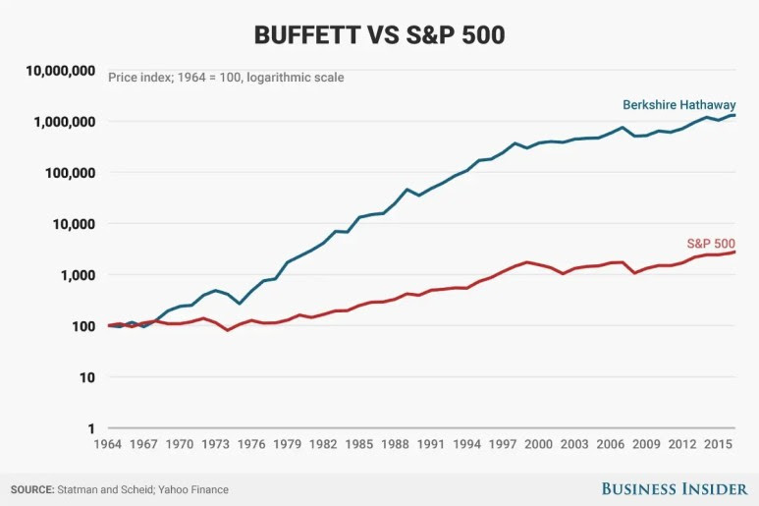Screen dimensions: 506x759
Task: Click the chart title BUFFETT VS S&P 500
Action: coord(379,34)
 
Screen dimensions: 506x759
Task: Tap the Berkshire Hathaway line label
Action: coord(678,105)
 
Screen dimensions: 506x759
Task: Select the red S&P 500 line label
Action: coord(710,244)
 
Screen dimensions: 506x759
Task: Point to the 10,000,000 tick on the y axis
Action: coord(61,71)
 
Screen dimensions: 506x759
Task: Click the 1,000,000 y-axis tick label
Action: coord(65,122)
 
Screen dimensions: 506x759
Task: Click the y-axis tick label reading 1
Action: coord(91,428)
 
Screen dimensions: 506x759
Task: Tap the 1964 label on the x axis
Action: coord(108,444)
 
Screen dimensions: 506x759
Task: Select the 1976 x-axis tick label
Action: coord(251,444)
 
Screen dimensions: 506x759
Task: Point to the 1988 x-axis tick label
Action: coord(395,444)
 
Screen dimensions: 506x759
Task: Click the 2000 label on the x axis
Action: coord(538,444)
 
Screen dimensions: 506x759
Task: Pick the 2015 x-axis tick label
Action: coord(718,444)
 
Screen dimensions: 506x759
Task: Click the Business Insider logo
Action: coord(675,488)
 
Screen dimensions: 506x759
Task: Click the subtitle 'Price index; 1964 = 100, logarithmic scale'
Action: coord(226,77)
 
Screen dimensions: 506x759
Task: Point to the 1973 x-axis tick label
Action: coord(216,444)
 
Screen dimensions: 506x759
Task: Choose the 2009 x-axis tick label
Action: coord(646,444)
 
